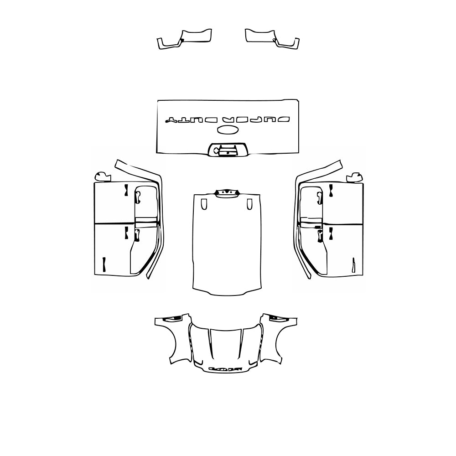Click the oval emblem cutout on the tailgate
point(228,130)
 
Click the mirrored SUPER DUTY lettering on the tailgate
point(228,119)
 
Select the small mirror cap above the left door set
point(102,176)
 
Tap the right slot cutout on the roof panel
point(249,204)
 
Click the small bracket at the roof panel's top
point(227,193)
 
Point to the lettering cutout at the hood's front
point(225,368)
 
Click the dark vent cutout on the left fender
point(175,318)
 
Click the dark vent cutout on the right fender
point(276,318)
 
